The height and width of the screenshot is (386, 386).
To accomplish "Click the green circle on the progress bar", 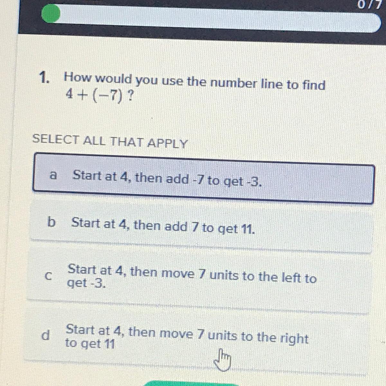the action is coord(51,14).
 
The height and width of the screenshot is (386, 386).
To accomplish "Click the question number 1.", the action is coord(44,77).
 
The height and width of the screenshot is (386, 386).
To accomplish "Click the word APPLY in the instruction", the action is coord(167,143).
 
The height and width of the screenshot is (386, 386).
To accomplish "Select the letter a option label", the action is coord(53,175).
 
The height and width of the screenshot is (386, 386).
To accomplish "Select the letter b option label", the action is coord(51,222).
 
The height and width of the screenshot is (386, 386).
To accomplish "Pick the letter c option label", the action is coord(48,276).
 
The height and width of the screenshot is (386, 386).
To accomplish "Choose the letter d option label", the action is coord(45,335).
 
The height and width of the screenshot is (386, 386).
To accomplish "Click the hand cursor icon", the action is coord(222,360).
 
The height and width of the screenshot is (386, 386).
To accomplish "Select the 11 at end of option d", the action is coord(109,344).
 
